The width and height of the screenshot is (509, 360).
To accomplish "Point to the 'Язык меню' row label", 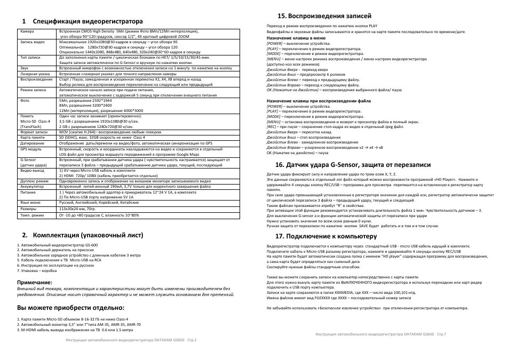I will [x=30, y=203].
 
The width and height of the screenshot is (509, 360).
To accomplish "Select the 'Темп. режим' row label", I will [x=31, y=215].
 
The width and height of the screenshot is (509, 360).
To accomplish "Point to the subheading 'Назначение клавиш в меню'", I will [x=296, y=38].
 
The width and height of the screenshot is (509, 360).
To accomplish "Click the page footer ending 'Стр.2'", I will [x=131, y=340].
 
